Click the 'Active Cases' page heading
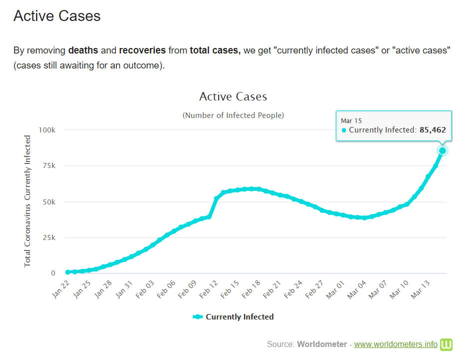(57, 16)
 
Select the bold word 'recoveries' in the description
(142, 50)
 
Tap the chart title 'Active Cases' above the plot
(233, 96)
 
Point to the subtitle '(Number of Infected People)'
(233, 115)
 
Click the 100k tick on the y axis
(46, 130)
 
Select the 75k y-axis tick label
(48, 166)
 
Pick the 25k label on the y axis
(48, 237)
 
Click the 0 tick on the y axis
(53, 273)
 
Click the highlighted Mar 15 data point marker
(442, 150)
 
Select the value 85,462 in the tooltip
(433, 130)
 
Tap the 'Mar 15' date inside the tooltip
(351, 120)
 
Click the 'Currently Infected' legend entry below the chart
(233, 316)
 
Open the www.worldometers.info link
(396, 344)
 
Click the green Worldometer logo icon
(446, 344)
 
